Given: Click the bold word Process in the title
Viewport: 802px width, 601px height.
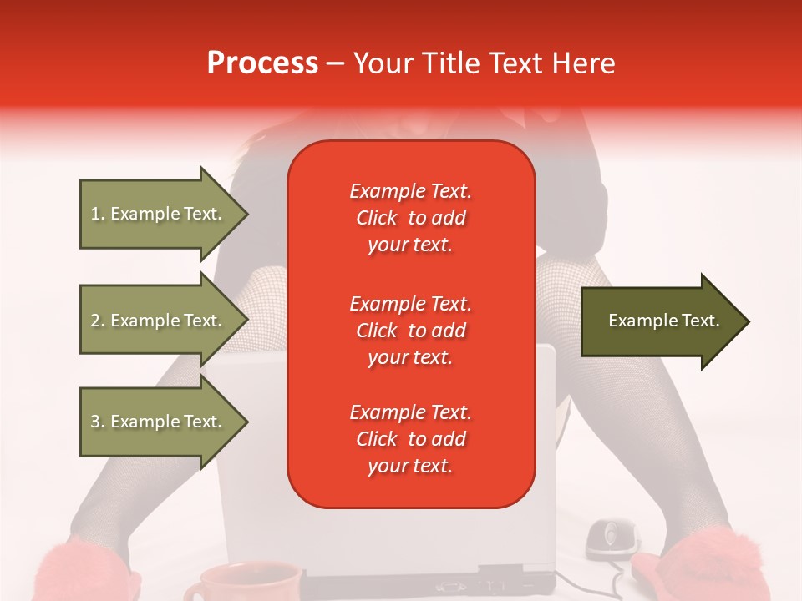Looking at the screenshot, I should coord(262,63).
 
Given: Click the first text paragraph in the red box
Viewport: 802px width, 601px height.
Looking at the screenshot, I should coord(410,218).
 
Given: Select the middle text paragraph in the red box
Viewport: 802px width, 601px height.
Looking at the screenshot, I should coord(410,331).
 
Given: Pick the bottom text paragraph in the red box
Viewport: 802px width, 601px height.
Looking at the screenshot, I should coord(410,439).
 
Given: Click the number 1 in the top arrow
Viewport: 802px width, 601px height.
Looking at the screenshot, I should coord(95,214).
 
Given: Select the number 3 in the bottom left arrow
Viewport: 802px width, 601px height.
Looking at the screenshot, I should coord(95,422).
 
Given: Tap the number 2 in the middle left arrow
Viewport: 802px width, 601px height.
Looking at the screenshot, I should coord(95,321).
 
